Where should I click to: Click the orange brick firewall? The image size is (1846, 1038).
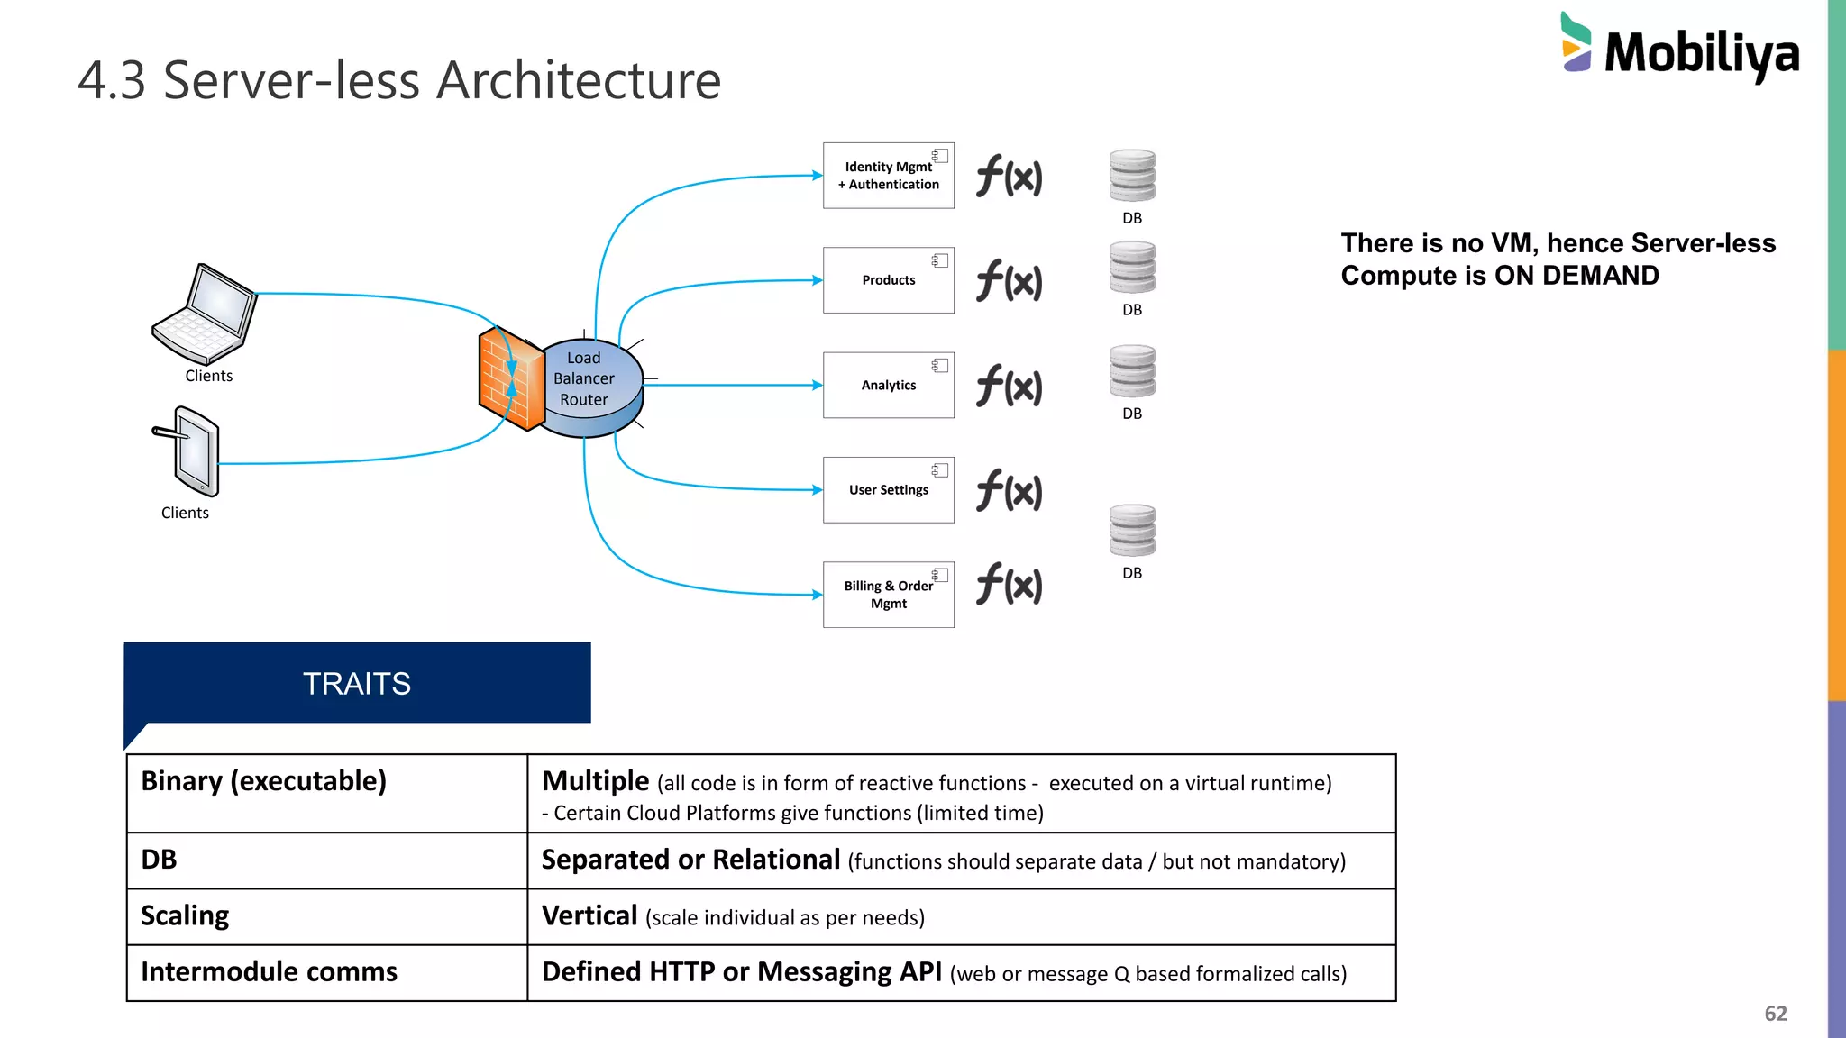point(509,378)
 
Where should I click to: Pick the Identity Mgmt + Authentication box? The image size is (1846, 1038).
point(888,176)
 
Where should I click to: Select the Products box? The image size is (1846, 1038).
point(888,280)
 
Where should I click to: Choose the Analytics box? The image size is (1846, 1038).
point(888,385)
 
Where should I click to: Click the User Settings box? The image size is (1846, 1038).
point(888,490)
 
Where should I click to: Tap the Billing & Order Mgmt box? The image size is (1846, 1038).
point(888,595)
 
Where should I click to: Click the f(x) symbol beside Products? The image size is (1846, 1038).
point(1010,281)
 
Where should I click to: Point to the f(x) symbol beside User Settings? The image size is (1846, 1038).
point(1010,491)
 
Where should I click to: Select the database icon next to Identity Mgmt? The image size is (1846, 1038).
point(1132,176)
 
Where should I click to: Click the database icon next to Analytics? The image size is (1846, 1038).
point(1132,371)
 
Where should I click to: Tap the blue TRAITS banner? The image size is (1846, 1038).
point(357,683)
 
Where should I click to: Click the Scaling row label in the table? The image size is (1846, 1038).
point(186,916)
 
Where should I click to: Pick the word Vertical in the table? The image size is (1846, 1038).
point(589,916)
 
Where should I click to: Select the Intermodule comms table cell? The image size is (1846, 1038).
point(269,972)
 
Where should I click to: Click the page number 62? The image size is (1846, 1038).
point(1775,1014)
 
